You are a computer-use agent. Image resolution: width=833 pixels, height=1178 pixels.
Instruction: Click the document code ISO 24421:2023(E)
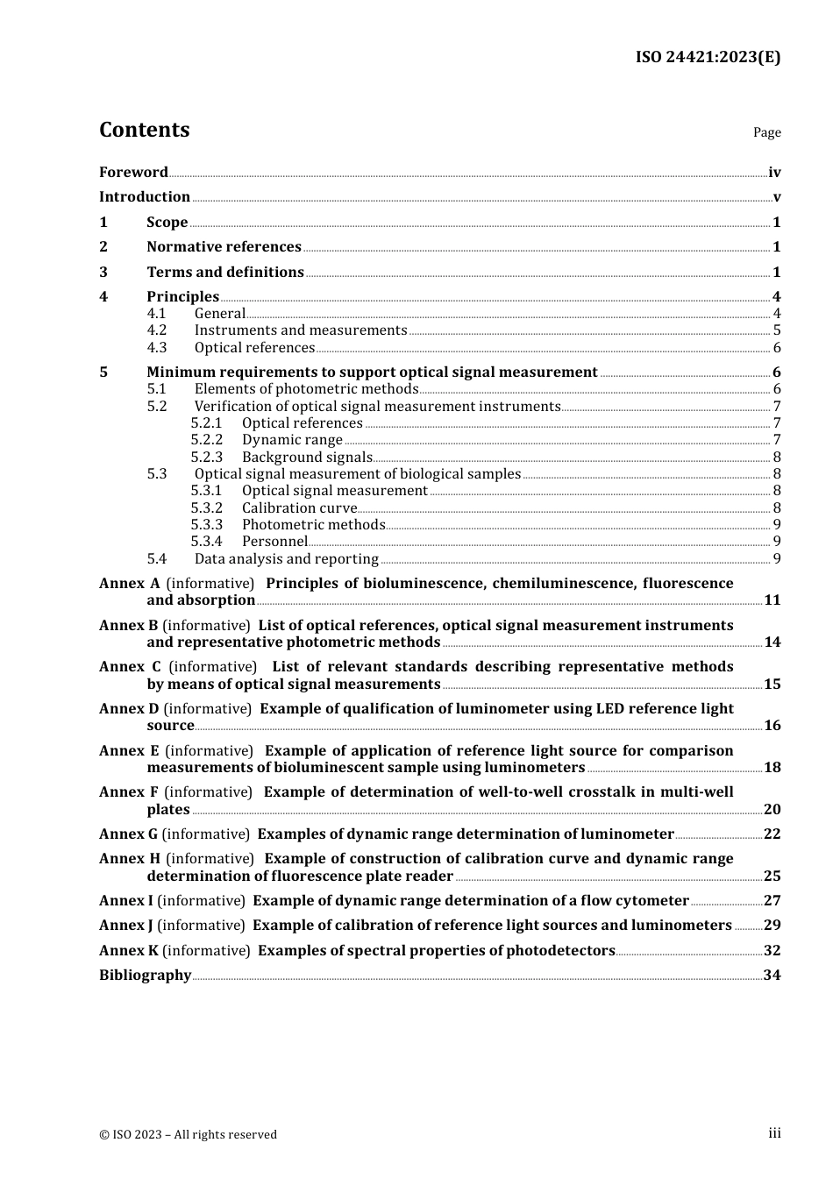[x=708, y=57]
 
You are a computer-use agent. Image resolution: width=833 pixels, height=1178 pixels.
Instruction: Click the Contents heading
[x=144, y=130]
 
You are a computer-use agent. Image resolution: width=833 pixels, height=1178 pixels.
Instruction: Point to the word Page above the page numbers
[x=766, y=132]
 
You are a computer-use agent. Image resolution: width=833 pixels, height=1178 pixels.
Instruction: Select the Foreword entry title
[x=133, y=173]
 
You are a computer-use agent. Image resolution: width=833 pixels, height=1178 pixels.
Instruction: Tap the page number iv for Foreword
[x=774, y=173]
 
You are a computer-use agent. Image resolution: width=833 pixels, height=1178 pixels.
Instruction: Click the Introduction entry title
[x=145, y=197]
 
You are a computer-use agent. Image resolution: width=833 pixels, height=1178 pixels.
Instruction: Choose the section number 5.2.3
[x=207, y=457]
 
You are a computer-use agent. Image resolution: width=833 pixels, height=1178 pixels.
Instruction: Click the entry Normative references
[x=224, y=247]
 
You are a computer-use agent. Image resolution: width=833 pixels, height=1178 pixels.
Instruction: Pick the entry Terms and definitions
[x=225, y=273]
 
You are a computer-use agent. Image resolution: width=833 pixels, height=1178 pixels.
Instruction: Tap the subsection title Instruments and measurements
[x=301, y=330]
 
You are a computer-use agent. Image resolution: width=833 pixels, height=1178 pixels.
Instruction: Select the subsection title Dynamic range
[x=292, y=440]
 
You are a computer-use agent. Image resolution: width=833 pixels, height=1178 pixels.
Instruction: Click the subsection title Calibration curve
[x=299, y=508]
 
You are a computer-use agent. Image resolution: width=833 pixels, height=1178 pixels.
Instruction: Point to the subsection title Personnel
[x=274, y=542]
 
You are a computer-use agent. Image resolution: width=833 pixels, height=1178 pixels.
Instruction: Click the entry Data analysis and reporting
[x=287, y=559]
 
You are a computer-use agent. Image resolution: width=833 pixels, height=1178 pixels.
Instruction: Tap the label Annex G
[x=128, y=834]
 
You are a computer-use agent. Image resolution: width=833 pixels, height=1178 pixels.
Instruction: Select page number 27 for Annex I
[x=772, y=901]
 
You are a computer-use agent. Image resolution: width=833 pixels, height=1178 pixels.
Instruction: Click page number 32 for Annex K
[x=772, y=951]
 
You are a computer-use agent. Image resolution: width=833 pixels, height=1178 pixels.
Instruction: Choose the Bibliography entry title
[x=145, y=976]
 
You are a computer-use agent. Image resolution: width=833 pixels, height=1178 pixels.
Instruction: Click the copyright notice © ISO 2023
[x=188, y=1134]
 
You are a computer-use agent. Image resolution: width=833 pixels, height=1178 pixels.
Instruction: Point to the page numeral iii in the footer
[x=774, y=1133]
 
